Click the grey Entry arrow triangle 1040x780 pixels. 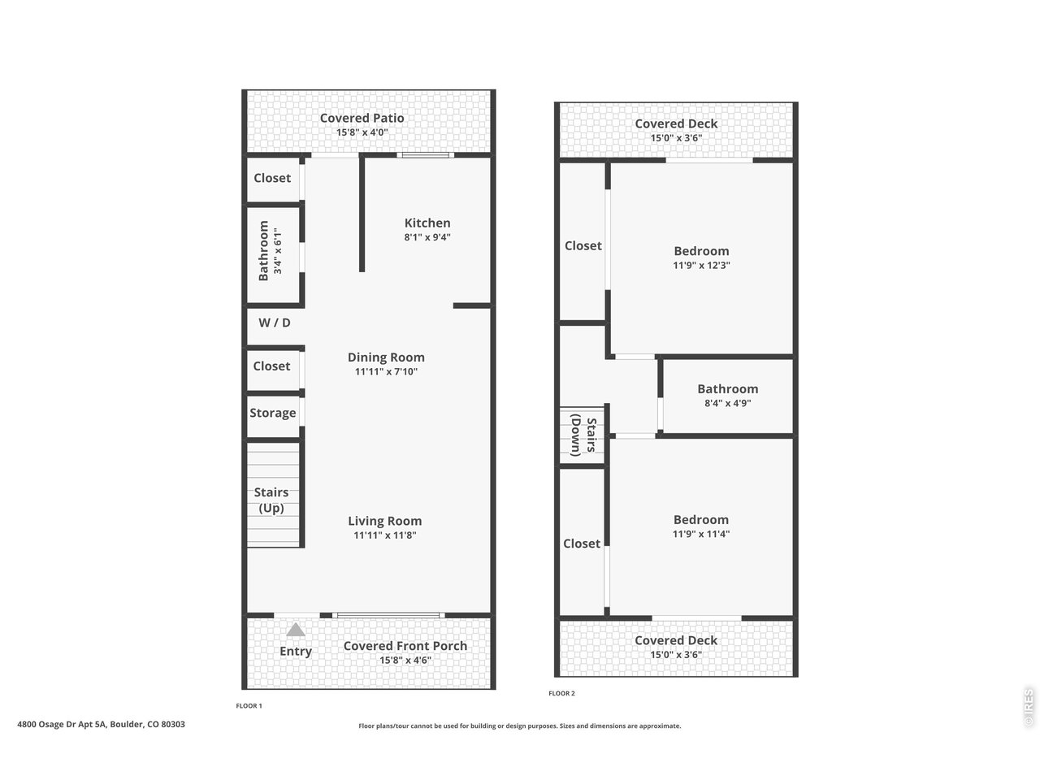click(296, 630)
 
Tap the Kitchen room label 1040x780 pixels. click(427, 223)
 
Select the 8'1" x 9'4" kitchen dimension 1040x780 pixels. click(427, 237)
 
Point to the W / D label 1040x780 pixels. click(275, 323)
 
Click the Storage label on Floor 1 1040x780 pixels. click(273, 413)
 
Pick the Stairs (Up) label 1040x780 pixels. click(271, 500)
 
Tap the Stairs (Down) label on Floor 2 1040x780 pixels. click(583, 435)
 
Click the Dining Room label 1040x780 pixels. click(386, 357)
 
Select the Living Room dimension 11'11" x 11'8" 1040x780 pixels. click(385, 535)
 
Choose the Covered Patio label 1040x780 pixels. click(362, 118)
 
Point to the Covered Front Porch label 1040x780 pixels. click(405, 646)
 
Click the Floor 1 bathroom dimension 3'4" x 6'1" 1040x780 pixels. click(278, 251)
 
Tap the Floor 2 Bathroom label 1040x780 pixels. click(727, 389)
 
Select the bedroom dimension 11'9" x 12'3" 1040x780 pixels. click(701, 265)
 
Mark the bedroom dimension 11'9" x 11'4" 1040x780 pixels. click(701, 534)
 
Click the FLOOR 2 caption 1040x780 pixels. click(561, 693)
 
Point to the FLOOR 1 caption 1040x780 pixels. click(249, 706)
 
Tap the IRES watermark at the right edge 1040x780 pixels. click(1029, 708)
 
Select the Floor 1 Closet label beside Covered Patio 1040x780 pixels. click(272, 178)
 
